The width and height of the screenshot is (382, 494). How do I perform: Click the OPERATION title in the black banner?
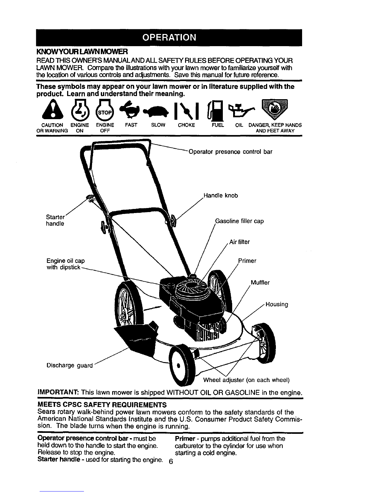pyautogui.click(x=169, y=37)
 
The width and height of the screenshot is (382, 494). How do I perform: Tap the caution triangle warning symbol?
pyautogui.click(x=52, y=110)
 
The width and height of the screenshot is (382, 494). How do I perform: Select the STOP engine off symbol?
pyautogui.click(x=104, y=110)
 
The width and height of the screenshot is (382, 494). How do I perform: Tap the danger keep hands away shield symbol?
pyautogui.click(x=275, y=109)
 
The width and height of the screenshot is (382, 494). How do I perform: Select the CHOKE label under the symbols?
pyautogui.click(x=186, y=125)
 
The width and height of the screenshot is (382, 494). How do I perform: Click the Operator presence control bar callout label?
pyautogui.click(x=230, y=152)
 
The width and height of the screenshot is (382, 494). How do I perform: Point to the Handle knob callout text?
pyautogui.click(x=221, y=196)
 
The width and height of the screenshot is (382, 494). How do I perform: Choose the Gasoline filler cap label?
pyautogui.click(x=239, y=221)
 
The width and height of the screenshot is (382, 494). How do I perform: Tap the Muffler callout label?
pyautogui.click(x=260, y=283)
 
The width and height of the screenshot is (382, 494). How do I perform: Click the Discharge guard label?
pyautogui.click(x=70, y=366)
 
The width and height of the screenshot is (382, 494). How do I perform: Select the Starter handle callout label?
pyautogui.click(x=55, y=220)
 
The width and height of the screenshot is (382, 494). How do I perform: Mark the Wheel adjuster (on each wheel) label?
pyautogui.click(x=246, y=380)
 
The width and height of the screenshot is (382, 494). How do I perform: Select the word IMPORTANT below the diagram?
pyautogui.click(x=58, y=393)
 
